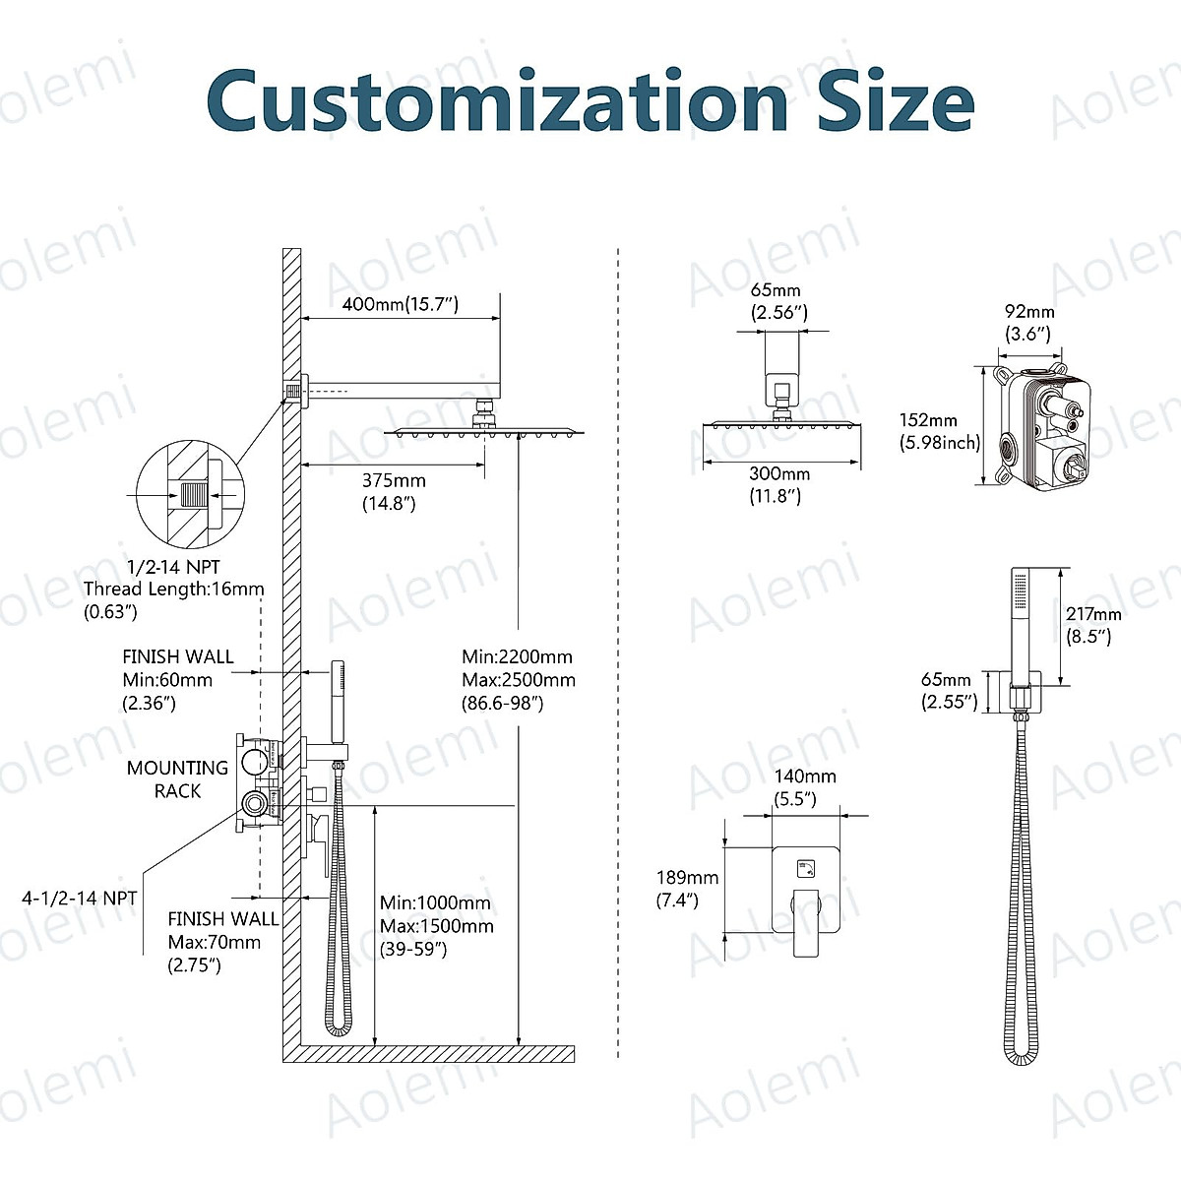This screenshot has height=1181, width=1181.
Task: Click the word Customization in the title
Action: point(497,100)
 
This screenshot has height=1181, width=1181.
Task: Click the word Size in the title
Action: point(896,100)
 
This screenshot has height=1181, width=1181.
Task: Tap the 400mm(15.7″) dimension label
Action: point(401,304)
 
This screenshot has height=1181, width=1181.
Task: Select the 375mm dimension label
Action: point(394,480)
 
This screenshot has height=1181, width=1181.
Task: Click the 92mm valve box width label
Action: point(1028,312)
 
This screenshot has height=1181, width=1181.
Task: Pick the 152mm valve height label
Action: point(928,420)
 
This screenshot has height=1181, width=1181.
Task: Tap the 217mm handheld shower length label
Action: point(1093,614)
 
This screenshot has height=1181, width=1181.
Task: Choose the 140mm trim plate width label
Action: point(805,776)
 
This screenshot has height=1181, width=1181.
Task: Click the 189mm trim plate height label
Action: point(687,877)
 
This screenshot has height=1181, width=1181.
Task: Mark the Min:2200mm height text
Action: point(517,656)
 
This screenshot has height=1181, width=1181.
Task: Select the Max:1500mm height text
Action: point(436,926)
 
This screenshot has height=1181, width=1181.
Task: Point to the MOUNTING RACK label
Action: point(177,778)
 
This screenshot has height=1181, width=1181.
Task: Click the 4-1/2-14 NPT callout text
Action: point(79,898)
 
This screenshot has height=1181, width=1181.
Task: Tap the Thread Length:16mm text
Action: point(173,589)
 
